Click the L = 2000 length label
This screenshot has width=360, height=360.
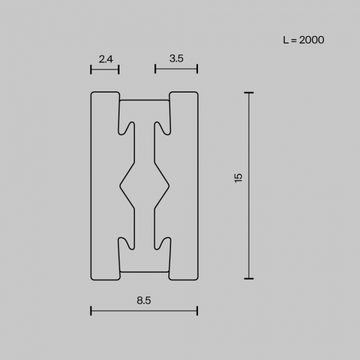303,40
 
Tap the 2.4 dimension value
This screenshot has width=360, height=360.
106,59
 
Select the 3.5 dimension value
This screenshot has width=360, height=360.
176,59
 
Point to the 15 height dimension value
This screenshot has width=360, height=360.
239,178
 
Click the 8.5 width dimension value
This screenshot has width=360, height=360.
144,301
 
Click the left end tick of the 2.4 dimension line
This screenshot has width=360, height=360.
91,69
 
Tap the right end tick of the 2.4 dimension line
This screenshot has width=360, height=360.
119,69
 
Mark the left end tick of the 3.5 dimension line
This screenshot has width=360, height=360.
156,69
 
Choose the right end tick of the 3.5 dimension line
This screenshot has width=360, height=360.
197,69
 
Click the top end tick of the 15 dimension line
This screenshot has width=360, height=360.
249,93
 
